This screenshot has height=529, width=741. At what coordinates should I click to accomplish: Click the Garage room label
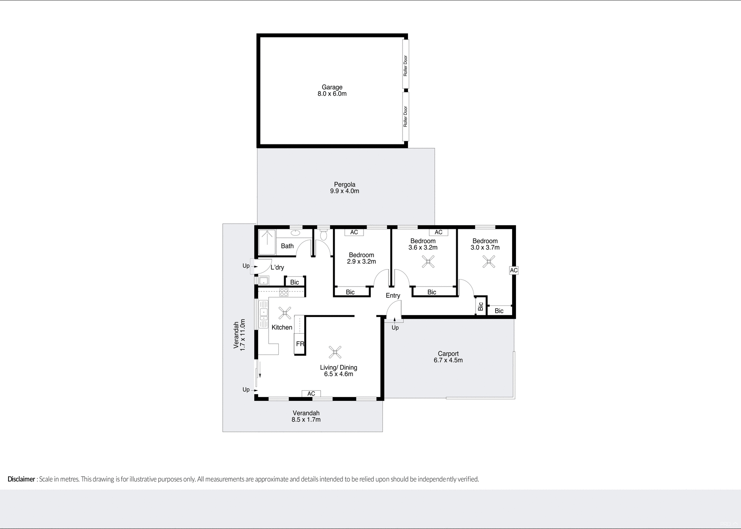tap(332, 88)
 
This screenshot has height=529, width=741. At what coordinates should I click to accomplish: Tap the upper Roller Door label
tap(405, 66)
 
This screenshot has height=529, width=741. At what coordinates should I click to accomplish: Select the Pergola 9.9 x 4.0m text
tap(344, 188)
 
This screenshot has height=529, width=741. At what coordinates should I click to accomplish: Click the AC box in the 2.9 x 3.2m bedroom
tap(354, 232)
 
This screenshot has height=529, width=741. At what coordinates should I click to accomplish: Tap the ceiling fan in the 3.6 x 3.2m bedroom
tap(428, 262)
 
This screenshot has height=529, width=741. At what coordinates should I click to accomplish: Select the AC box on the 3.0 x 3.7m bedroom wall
tap(513, 270)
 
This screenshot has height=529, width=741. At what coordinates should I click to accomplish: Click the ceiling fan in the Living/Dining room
tap(335, 352)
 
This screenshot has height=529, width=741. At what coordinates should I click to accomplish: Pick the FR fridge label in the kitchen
tap(300, 344)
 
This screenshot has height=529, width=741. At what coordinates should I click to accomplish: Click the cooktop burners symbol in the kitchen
tap(284, 292)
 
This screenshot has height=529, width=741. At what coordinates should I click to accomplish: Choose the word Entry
tap(393, 295)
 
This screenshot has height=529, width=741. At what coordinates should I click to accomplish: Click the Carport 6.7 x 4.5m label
tap(448, 357)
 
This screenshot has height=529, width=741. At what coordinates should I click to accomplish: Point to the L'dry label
tap(277, 267)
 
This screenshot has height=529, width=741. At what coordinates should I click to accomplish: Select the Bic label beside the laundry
tap(294, 282)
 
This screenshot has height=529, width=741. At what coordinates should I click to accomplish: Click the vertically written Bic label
tap(480, 306)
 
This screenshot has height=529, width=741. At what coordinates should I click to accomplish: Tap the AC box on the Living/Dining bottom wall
tap(311, 393)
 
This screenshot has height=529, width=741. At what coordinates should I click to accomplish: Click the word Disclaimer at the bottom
tap(21, 479)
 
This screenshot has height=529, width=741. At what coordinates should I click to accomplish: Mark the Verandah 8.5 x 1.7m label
tap(306, 416)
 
